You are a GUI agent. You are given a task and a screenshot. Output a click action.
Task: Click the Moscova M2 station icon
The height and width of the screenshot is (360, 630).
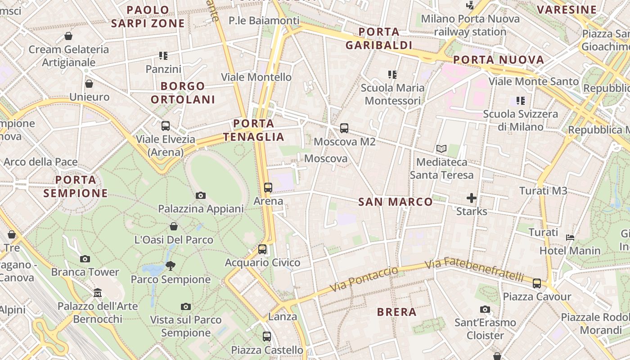click(x=344, y=128)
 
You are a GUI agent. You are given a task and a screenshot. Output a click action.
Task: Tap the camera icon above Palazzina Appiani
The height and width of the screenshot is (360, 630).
click(x=201, y=195)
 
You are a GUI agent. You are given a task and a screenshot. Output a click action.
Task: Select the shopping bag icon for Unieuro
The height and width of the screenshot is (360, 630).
click(x=89, y=84)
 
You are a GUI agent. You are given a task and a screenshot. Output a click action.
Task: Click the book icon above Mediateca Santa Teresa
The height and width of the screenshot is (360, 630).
click(x=441, y=148)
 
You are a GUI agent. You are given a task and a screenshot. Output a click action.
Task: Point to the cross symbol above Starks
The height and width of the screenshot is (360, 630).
click(x=472, y=198)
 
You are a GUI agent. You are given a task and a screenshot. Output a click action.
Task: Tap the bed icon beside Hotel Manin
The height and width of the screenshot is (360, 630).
click(x=570, y=237)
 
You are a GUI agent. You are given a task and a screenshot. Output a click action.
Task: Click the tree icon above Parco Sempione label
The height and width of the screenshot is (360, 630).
click(x=171, y=266)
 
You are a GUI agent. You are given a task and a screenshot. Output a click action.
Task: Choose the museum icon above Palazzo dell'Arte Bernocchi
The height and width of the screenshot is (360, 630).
click(x=98, y=293)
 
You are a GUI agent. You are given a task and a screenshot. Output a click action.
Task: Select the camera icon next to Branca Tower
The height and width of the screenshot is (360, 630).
click(x=85, y=259)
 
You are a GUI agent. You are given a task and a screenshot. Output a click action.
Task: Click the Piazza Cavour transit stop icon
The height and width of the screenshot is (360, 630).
click(x=537, y=283)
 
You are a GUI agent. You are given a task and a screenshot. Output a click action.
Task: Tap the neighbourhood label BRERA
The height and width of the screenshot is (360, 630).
click(x=397, y=312)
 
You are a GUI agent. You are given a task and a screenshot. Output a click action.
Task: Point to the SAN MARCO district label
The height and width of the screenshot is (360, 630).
click(x=396, y=202)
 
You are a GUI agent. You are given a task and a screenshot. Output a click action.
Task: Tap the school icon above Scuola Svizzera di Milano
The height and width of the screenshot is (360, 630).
click(x=521, y=101)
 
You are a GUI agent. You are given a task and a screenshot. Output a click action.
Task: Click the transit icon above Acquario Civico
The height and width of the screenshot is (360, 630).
click(x=262, y=249)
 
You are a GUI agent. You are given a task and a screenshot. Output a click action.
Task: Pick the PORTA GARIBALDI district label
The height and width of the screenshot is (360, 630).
click(x=379, y=38)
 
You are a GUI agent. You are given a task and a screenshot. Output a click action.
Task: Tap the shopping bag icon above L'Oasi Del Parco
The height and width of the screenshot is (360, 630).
click(x=174, y=226)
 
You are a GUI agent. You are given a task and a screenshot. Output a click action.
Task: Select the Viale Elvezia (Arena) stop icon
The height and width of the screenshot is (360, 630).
click(x=166, y=126)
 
